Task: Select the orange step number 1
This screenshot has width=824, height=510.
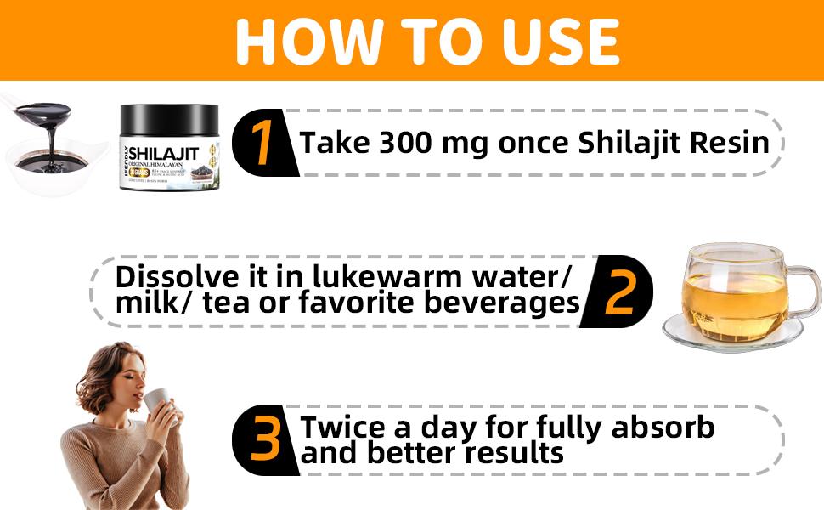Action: (264, 142)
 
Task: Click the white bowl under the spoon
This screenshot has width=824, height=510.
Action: (51, 174)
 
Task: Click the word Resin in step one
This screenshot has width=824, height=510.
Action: (732, 143)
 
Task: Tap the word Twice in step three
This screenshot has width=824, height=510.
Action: (341, 427)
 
